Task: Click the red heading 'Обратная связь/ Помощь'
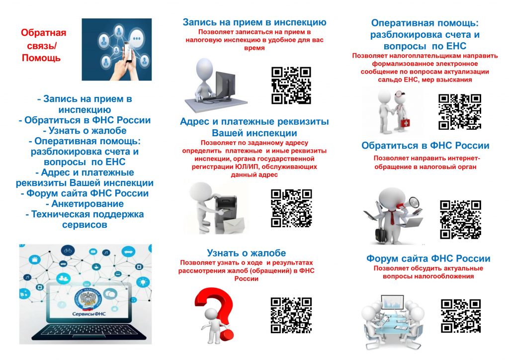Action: (x=43, y=45)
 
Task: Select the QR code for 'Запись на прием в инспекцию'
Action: (x=291, y=86)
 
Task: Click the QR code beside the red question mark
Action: (x=291, y=315)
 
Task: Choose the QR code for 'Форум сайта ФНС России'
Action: (x=461, y=316)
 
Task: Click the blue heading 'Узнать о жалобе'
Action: (x=247, y=253)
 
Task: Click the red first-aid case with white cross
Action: (x=405, y=123)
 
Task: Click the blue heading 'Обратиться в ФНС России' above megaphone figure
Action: (x=425, y=145)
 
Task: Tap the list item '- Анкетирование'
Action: (x=85, y=203)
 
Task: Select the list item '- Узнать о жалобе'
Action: (x=85, y=130)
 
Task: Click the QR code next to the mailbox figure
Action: (x=291, y=208)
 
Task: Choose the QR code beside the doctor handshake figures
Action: (x=460, y=112)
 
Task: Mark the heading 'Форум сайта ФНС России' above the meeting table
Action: (x=428, y=259)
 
